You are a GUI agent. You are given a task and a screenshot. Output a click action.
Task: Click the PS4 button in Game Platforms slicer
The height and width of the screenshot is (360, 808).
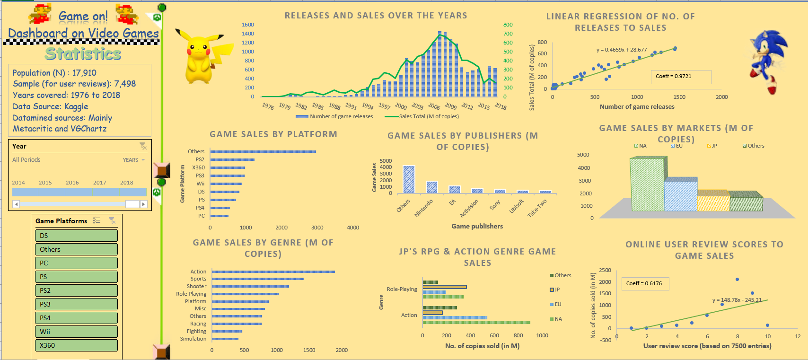coord(76,318)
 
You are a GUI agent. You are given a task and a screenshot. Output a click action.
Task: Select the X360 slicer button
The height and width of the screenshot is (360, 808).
coord(76,345)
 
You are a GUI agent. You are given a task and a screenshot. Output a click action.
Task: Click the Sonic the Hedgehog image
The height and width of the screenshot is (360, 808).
coord(769,61)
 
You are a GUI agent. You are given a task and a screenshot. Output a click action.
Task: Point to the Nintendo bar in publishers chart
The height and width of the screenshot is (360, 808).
coord(432,187)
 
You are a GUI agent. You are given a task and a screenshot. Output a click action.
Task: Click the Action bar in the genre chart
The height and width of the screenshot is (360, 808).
coord(273,272)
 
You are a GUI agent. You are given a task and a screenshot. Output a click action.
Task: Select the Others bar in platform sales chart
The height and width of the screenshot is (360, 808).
coord(263,151)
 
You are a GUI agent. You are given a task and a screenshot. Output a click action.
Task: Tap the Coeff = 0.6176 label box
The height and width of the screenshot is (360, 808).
coord(644,283)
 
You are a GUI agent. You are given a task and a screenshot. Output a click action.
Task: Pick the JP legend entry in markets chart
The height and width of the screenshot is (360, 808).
coord(712,146)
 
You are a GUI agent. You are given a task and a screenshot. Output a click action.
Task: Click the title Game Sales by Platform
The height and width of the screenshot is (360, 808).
coord(273,134)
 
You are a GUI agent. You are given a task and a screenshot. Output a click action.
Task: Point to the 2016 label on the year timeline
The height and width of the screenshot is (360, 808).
coord(72,183)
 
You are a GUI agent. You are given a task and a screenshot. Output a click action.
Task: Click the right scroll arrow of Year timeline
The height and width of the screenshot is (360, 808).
coord(144,204)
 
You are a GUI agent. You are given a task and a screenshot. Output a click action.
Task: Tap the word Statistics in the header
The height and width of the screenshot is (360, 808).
coord(83,54)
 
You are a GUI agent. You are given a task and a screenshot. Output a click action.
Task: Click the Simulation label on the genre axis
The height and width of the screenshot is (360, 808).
coord(193,339)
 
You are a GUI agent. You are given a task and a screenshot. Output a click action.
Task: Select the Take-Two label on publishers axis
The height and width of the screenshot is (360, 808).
coord(537,209)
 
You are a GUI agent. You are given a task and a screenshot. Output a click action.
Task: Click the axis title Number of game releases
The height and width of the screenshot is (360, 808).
coord(637,107)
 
